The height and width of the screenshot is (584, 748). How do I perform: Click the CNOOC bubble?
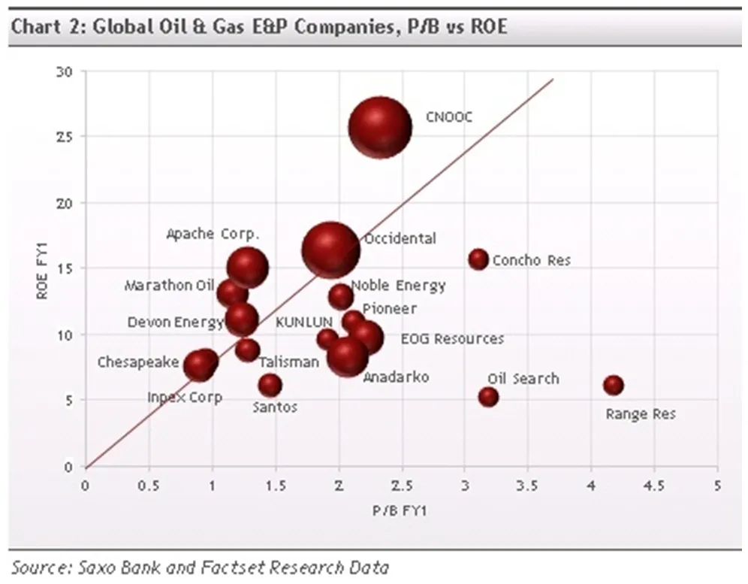point(380,127)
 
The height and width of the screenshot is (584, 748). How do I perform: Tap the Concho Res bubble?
point(478,259)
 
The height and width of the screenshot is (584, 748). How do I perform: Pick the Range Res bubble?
point(614,385)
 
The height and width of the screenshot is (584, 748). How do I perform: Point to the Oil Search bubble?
point(488,396)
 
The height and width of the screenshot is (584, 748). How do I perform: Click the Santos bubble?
point(270,385)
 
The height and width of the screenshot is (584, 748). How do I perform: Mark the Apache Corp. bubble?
point(248,267)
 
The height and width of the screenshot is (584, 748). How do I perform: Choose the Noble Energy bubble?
point(341,295)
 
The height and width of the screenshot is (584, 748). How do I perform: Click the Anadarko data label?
point(396,377)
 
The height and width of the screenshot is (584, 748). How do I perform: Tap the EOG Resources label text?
point(452,339)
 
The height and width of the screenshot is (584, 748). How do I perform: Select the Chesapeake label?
point(138,363)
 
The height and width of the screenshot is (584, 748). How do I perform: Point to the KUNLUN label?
point(304,322)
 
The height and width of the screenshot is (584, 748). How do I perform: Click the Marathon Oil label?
point(170,286)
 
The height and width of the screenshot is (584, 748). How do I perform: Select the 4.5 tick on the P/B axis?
point(654,486)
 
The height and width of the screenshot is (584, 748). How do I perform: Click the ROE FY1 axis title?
point(43,269)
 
